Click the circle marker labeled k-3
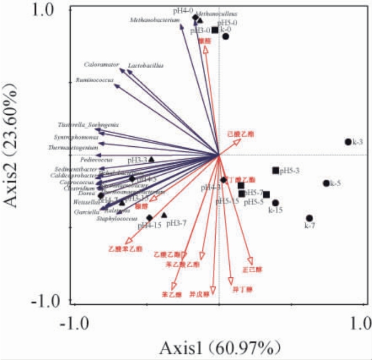click(x=348, y=142)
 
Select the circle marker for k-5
click(x=326, y=183)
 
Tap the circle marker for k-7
click(x=310, y=218)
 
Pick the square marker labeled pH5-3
click(x=275, y=170)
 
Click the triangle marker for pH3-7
click(x=164, y=215)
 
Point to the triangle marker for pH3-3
click(x=151, y=159)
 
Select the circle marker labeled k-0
click(x=225, y=37)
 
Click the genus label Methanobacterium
click(x=155, y=20)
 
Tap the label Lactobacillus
click(x=146, y=66)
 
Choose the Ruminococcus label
click(x=95, y=80)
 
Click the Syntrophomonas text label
click(x=76, y=137)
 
